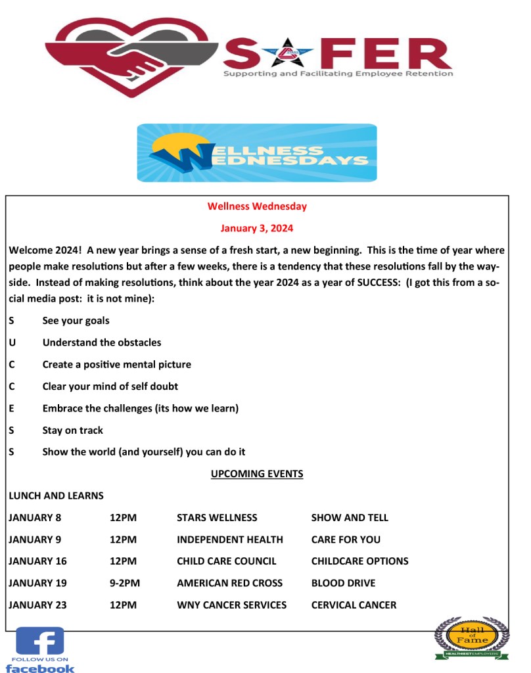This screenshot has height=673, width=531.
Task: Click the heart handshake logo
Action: pyautogui.click(x=131, y=55)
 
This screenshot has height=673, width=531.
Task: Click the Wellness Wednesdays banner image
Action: pyautogui.click(x=257, y=152)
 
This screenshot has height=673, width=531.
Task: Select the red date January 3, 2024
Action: pyautogui.click(x=257, y=229)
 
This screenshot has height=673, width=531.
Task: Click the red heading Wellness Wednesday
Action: pyautogui.click(x=257, y=206)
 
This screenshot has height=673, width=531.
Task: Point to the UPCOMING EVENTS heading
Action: pyautogui.click(x=257, y=473)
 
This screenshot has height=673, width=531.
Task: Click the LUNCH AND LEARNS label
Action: pyautogui.click(x=56, y=496)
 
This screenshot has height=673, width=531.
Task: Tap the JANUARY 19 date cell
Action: pyautogui.click(x=37, y=583)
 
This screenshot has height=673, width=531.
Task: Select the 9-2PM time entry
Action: pyautogui.click(x=125, y=583)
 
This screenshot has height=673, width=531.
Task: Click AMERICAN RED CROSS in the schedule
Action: pyautogui.click(x=229, y=583)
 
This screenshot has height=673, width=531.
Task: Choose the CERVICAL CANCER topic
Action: pyautogui.click(x=354, y=605)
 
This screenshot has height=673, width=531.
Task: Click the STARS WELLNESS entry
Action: pyautogui.click(x=217, y=518)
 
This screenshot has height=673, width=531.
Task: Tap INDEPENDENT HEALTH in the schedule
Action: pyautogui.click(x=230, y=540)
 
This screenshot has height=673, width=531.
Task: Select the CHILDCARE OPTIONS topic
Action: pyautogui.click(x=359, y=561)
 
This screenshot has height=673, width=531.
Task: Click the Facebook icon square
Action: pyautogui.click(x=40, y=641)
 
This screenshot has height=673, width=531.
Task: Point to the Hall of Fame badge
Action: pyautogui.click(x=471, y=637)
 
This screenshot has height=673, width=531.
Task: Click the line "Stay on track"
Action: pyautogui.click(x=73, y=430)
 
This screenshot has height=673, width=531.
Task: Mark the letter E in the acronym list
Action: pyautogui.click(x=12, y=409)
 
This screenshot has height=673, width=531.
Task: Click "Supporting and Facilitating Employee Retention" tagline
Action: pyautogui.click(x=338, y=74)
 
